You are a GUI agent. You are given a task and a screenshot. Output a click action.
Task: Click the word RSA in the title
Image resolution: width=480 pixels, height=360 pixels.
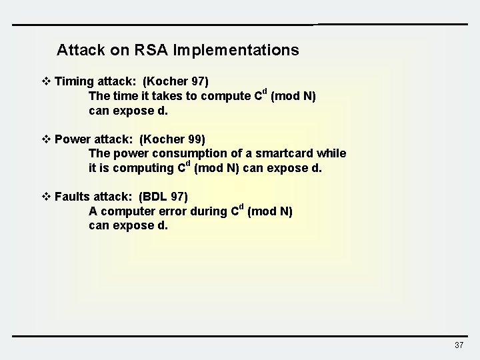[151, 50]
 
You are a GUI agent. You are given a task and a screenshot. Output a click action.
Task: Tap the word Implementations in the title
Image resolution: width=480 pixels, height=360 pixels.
[235, 50]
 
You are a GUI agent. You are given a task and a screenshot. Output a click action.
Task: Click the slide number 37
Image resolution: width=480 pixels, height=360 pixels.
[458, 345]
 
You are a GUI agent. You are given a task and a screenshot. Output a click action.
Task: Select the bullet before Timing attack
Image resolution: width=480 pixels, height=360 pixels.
[46, 82]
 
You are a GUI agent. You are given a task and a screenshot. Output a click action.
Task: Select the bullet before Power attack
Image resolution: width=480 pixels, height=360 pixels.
[46, 139]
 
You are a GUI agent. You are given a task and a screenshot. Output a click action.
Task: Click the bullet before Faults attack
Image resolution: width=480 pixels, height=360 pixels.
[46, 197]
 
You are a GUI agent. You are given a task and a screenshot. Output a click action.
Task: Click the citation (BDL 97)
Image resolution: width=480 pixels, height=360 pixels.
[163, 197]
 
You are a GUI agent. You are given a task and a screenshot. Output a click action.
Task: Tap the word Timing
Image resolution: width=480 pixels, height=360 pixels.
[74, 82]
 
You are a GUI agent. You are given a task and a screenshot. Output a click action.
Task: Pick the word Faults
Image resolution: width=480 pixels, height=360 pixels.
[73, 197]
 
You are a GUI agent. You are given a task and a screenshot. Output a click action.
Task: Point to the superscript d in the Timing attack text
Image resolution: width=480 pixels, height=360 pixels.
[264, 91]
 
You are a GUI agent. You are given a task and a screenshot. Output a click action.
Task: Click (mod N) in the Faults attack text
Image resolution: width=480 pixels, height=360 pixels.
[269, 211]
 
